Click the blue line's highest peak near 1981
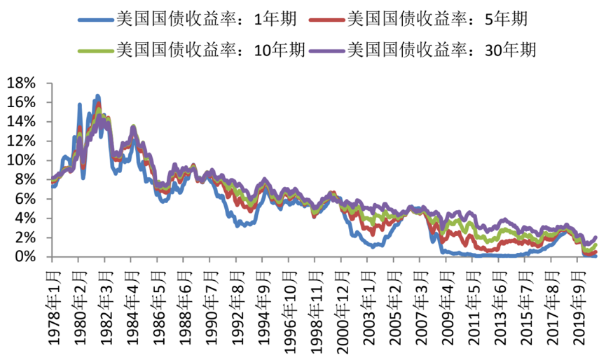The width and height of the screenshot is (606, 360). click(97, 95)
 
